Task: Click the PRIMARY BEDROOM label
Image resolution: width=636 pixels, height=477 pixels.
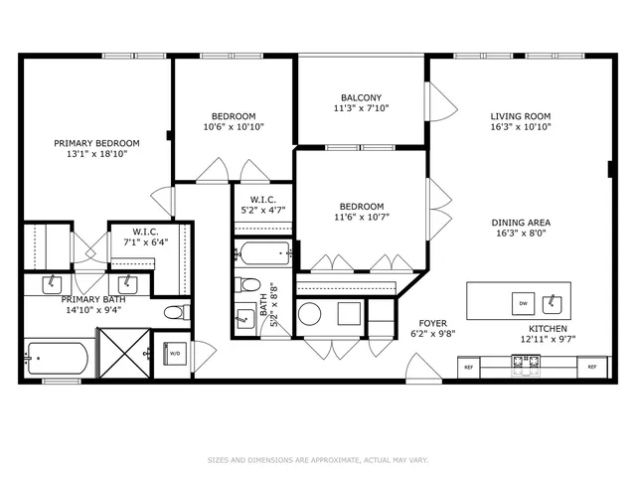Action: (96, 143)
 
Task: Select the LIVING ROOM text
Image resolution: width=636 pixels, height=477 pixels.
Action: (520, 115)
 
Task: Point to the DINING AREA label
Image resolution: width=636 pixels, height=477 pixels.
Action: (520, 223)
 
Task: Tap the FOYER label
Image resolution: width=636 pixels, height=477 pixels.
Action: (432, 323)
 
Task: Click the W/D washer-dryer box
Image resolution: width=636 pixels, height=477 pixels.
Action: (175, 353)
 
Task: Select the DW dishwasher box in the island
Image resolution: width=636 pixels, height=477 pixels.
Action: (522, 301)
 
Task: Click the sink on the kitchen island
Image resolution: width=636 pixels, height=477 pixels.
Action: (556, 301)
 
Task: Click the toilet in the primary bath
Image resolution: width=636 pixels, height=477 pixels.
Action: (174, 313)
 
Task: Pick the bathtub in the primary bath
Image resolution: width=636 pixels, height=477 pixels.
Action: (58, 357)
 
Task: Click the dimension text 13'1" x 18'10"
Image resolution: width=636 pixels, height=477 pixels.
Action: (96, 155)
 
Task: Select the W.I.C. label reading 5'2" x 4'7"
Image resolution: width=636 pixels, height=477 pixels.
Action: (262, 205)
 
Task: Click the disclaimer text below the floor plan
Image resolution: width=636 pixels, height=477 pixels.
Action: (317, 460)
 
